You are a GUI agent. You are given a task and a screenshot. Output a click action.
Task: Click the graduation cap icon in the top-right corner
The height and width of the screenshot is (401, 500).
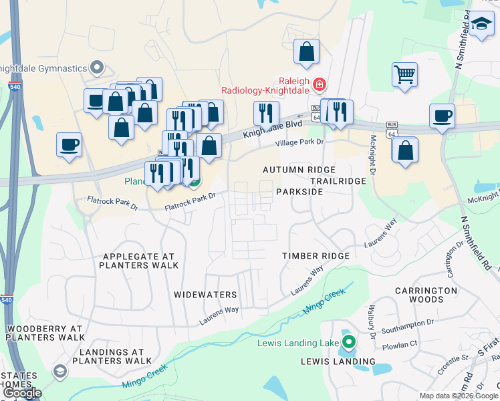click(481, 25)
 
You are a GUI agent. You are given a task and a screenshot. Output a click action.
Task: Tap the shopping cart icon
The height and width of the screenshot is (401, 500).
click(404, 74)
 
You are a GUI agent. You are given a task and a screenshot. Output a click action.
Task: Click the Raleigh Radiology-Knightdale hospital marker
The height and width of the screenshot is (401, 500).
click(320, 84)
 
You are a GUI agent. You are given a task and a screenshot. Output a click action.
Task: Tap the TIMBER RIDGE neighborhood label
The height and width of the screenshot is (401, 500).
click(316, 256)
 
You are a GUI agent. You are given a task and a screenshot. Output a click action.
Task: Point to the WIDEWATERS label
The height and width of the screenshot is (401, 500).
click(205, 295)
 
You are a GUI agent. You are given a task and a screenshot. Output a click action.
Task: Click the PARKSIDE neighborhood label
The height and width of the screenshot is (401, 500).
click(299, 192)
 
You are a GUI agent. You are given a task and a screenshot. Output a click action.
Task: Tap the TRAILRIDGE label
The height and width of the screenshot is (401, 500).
click(338, 181)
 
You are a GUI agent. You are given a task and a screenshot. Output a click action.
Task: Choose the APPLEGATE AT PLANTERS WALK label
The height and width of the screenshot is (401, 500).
click(138, 261)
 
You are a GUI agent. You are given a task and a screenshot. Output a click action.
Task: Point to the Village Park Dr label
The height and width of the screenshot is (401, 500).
click(300, 143)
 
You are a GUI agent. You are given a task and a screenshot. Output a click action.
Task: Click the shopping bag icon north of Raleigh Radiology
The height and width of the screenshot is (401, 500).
click(306, 51)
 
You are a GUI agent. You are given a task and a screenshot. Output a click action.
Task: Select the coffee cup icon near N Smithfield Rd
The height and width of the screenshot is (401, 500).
click(442, 116)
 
